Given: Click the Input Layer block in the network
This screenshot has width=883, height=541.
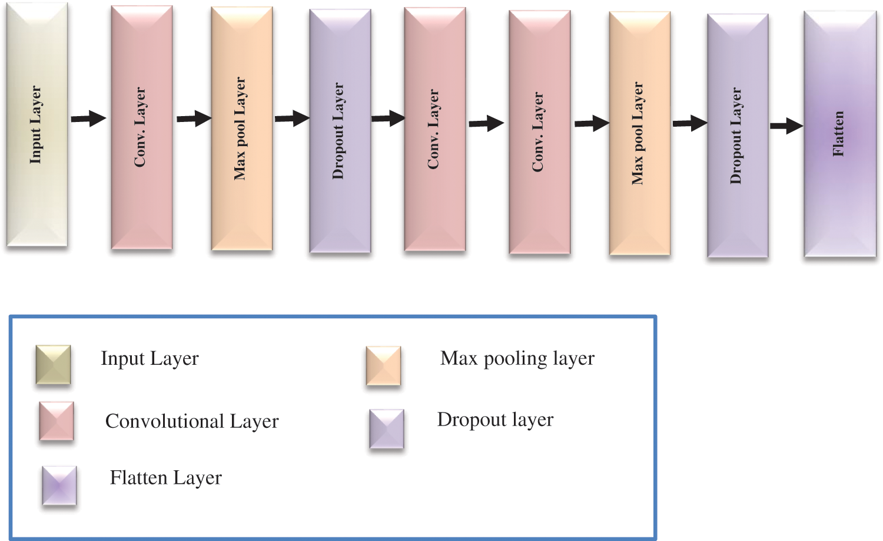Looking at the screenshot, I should coord(36,125).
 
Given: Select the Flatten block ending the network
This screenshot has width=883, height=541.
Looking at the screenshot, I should coord(840,134).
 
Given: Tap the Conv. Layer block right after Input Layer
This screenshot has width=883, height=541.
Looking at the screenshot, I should coord(141,127).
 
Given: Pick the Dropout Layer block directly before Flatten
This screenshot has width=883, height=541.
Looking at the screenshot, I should coord(738,136).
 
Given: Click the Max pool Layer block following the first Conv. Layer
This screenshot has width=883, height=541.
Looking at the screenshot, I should coord(241,128).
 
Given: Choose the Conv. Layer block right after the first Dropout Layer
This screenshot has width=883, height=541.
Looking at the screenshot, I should coord(434,130).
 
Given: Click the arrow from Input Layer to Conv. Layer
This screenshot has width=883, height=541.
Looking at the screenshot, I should coord(88,118).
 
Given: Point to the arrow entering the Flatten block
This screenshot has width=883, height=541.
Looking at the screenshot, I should coord(786,126).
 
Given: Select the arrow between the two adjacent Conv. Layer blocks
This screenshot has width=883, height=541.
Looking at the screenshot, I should coord(486,123).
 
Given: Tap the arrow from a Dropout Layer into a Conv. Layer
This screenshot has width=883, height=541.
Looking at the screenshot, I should coord(388,118).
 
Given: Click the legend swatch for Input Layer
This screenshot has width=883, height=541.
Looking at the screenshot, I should coord(53,365).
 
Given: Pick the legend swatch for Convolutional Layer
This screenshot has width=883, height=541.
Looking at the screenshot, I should coord(57,421).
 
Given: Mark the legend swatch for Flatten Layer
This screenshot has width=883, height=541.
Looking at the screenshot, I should coord(59,485).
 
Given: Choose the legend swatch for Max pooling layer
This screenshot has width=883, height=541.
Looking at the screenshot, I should coord(383,365).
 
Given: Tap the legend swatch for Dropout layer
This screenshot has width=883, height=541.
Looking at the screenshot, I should coord(387,429).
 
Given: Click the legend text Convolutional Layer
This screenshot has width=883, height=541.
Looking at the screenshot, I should coord(192,421).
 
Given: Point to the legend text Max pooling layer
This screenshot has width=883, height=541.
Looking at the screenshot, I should coord(517,358).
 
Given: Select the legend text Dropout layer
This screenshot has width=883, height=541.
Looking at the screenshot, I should coord(495,420).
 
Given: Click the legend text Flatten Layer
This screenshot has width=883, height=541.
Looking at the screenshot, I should coord(166,478).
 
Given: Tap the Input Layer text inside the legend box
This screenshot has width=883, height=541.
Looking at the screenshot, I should coord(150,358).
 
